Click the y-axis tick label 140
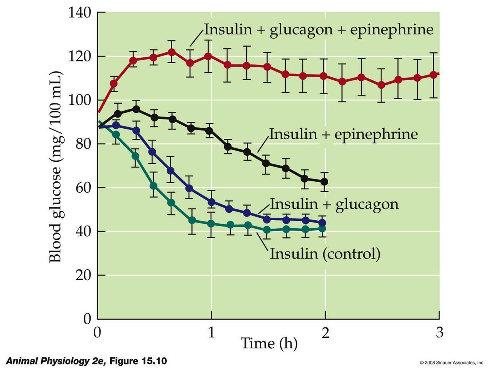[79, 13]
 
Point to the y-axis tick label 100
[79, 100]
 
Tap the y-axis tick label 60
[83, 188]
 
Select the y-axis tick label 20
[83, 275]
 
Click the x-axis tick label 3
[440, 332]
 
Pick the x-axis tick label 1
[211, 332]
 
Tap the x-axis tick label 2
[325, 332]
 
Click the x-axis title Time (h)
[269, 343]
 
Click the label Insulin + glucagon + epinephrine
[318, 29]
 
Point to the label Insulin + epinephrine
[343, 134]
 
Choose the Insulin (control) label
[325, 253]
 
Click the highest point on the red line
[172, 52]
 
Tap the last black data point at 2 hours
[324, 182]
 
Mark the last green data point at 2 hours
[322, 229]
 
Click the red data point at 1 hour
[208, 56]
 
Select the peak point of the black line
[136, 109]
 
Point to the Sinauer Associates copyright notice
[452, 362]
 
